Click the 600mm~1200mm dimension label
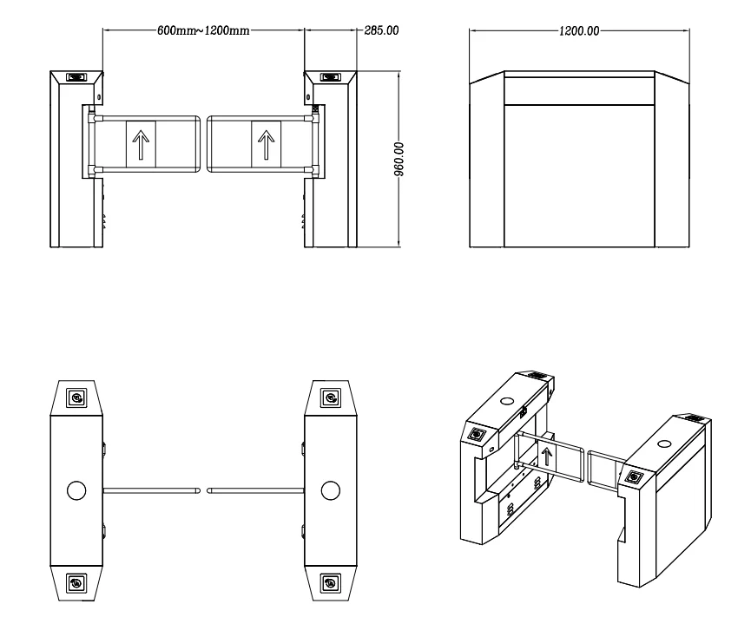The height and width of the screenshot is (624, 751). tap(203, 30)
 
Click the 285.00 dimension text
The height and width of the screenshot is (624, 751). tap(380, 30)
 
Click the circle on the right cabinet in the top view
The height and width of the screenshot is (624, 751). tap(331, 490)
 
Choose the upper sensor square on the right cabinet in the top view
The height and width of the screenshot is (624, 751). tap(331, 398)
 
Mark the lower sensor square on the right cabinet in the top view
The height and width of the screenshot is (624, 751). tap(331, 582)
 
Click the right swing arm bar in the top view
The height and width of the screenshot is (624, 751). tap(256, 491)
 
